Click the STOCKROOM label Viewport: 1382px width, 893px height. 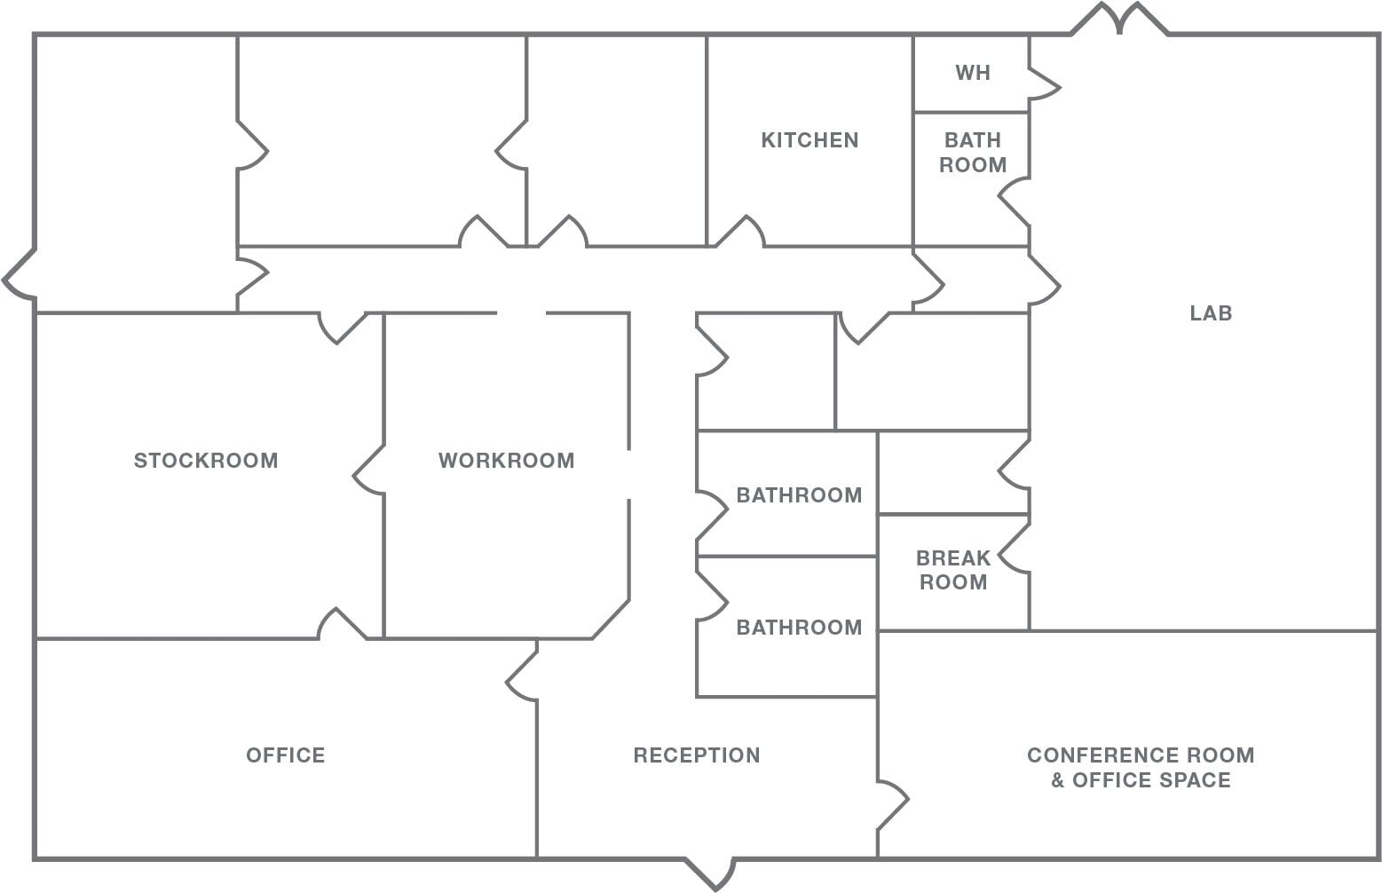pos(205,460)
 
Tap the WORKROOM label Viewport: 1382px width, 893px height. pos(506,460)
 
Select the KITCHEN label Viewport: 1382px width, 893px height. pos(809,140)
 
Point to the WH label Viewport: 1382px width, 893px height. pos(972,73)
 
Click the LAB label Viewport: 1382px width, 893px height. pos(1211,313)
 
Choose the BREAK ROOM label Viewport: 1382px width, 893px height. pos(952,570)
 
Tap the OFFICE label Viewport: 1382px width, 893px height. pos(285,755)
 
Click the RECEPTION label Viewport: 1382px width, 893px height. pos(697,755)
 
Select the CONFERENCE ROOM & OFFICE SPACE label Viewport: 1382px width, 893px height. pos(1141,768)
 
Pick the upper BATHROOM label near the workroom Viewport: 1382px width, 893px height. pos(799,495)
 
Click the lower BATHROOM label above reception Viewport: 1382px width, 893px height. pos(799,628)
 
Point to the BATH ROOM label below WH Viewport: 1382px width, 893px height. pos(972,153)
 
